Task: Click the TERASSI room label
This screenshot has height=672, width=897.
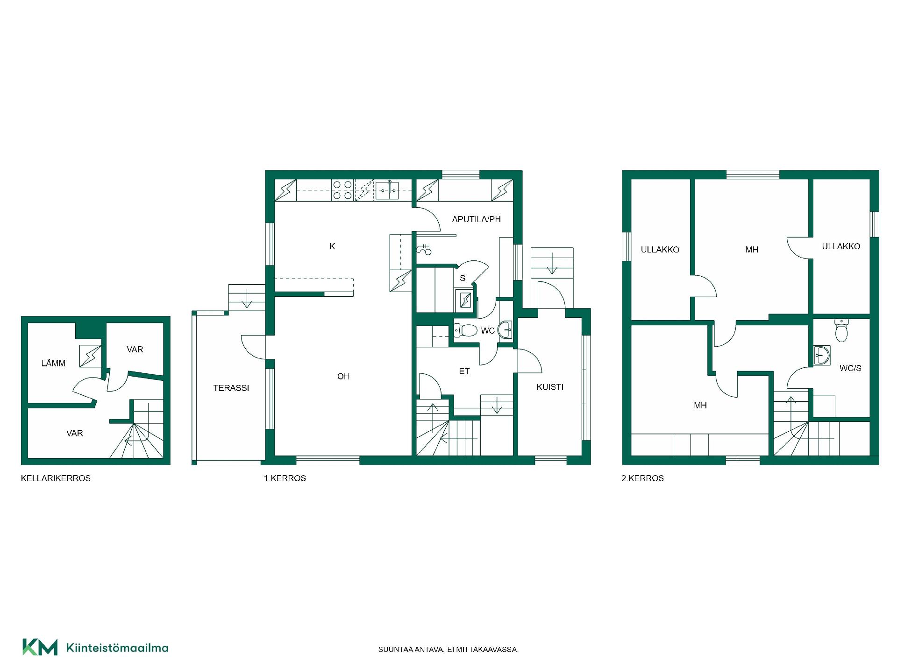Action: [231, 388]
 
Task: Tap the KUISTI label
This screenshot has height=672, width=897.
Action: [550, 387]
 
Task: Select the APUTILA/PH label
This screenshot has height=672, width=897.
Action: [476, 219]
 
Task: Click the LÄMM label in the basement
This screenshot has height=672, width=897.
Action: [53, 363]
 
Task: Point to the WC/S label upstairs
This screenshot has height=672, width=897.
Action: [850, 368]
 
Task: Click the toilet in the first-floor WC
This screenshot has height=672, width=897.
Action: [465, 330]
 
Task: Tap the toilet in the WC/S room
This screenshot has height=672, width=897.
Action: [841, 330]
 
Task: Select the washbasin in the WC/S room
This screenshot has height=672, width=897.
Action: [821, 355]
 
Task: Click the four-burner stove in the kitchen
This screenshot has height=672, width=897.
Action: [342, 191]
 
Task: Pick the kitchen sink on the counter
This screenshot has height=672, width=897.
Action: [388, 189]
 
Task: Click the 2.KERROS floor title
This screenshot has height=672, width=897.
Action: [642, 478]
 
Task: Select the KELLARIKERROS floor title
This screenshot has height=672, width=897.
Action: [56, 478]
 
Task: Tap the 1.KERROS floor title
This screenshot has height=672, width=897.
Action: [285, 478]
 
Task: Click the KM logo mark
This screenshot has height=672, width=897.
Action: [40, 647]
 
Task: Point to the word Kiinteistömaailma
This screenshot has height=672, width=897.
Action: [118, 648]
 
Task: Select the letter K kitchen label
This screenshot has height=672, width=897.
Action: [332, 246]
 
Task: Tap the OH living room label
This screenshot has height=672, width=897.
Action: [343, 376]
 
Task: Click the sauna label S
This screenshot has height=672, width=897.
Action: [463, 278]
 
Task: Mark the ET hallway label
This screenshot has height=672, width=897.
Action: [464, 371]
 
